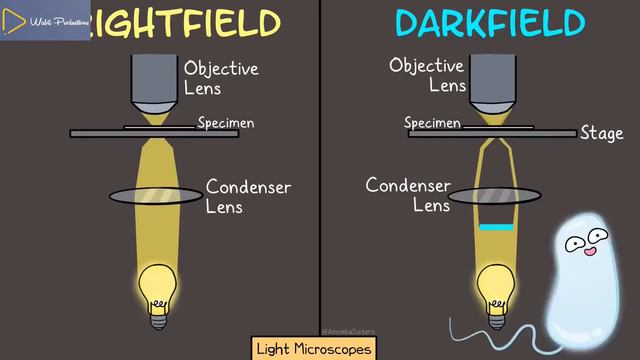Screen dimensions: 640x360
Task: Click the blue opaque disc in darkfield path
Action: click(x=494, y=228)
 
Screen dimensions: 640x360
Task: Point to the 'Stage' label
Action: click(x=601, y=133)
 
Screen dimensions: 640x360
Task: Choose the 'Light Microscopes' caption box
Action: click(x=314, y=349)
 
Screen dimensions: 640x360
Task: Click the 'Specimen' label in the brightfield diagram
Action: click(x=225, y=123)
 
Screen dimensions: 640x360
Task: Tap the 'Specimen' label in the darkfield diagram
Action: click(x=432, y=123)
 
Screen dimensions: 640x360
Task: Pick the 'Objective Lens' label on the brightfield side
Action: click(x=220, y=78)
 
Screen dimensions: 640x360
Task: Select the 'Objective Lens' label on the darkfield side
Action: click(x=427, y=75)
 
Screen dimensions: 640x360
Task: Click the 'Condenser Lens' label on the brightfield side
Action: click(x=248, y=196)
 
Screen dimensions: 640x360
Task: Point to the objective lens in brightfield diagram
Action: click(x=155, y=85)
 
